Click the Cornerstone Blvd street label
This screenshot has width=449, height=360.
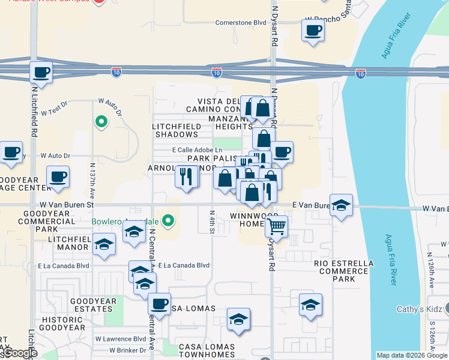241,23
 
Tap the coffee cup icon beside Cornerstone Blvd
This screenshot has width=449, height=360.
313,30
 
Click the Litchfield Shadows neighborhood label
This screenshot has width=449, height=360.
176,130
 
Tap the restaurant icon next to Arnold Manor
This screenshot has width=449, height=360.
186,176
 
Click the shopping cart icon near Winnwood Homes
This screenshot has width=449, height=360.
276,227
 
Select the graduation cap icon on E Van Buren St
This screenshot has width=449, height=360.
341,205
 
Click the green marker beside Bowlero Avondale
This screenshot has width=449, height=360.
169,220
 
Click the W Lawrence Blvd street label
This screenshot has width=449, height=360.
121,339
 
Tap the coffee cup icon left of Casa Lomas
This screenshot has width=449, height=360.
159,304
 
